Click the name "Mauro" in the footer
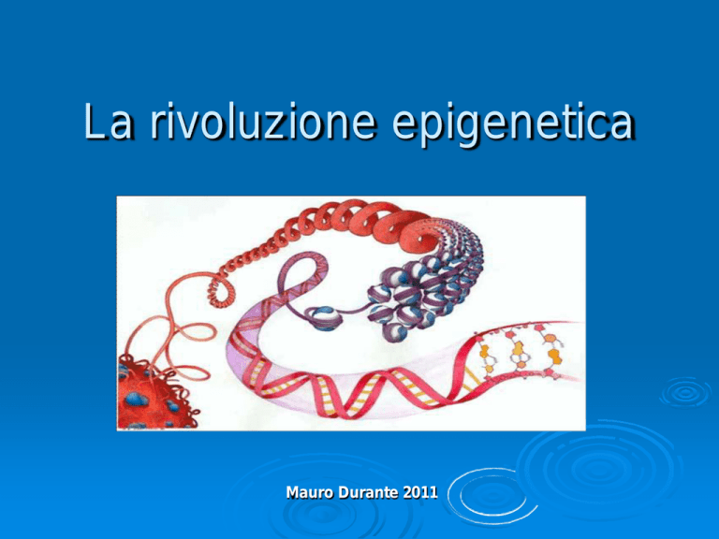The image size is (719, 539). pos(310,492)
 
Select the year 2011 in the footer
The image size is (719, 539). pos(420,492)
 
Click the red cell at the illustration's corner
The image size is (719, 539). pos(154,395)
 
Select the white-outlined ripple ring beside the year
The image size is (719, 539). pos(492,496)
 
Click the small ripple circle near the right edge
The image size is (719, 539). pos(685,392)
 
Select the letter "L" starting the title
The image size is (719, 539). pos(94,121)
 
